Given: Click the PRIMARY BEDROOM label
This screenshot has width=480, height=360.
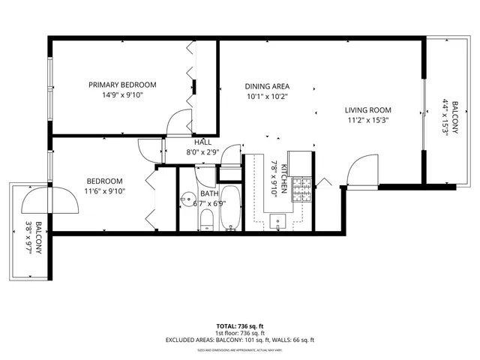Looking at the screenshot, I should click(122, 85).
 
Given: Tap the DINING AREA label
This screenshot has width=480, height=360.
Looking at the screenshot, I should click(268, 86).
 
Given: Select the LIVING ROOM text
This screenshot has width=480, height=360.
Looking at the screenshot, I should click(367, 109).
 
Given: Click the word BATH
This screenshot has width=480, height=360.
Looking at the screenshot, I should click(209, 193).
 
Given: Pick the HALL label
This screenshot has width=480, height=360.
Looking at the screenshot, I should click(202, 142).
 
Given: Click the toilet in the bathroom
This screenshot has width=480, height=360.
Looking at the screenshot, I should click(207, 219).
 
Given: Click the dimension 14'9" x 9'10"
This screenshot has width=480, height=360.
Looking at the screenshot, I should click(122, 95).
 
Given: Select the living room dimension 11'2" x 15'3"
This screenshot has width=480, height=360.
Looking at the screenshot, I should click(367, 119).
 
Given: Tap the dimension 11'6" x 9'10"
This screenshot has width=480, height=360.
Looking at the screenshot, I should click(104, 191).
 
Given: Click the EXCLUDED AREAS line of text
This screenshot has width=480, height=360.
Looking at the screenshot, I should click(239, 340).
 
